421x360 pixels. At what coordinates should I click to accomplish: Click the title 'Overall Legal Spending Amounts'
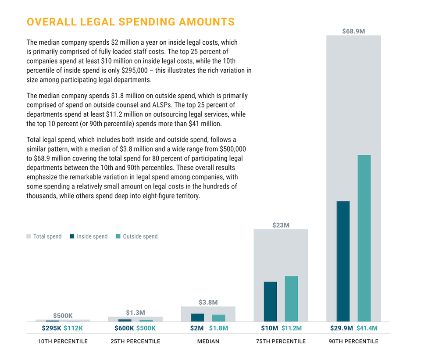pos(130,22)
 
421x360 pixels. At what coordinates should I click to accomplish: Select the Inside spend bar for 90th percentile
pos(343,261)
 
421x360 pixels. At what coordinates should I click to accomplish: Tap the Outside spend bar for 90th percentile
pos(364,239)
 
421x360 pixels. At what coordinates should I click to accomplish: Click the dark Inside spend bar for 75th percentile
pos(270,301)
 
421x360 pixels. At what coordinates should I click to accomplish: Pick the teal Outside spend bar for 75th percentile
pos(291,299)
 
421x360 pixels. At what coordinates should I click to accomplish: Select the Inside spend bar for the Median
pos(197,317)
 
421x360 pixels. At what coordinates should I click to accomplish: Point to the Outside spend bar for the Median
pos(218,318)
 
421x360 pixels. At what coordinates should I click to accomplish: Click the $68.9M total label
pos(353,31)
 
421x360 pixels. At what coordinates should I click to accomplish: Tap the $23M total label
pos(281,225)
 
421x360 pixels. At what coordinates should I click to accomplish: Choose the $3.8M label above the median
pos(208,303)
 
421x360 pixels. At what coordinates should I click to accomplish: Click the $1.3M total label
pos(135,313)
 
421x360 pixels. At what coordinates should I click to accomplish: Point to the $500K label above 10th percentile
pos(63,315)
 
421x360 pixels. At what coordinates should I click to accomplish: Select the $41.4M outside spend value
pos(367,328)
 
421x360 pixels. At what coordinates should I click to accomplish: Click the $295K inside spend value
pos(51,328)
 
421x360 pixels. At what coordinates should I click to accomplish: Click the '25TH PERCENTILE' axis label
pos(135,341)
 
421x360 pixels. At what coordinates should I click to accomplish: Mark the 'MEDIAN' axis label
pos(208,341)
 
